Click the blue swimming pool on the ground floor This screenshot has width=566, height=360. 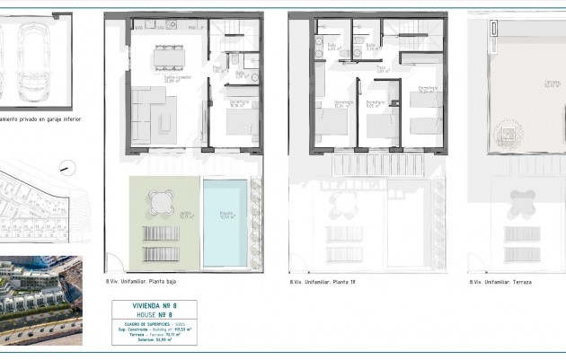coord(226,223)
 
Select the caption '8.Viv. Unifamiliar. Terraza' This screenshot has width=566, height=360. coord(500,282)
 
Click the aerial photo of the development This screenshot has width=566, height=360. coord(40,301)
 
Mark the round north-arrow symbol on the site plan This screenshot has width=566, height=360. coord(64,166)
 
